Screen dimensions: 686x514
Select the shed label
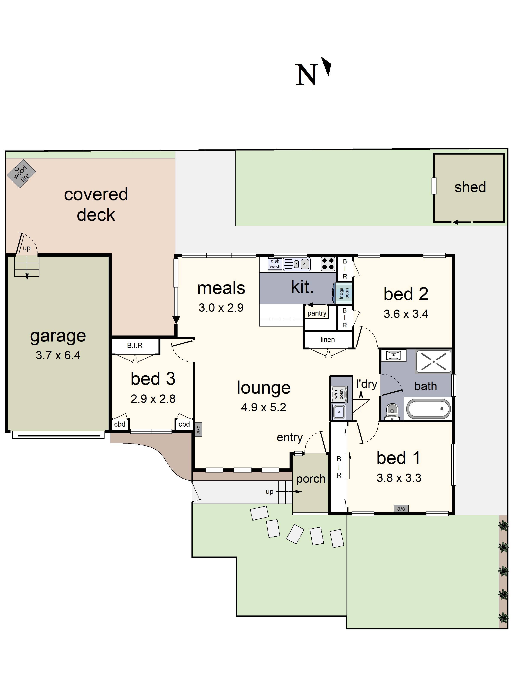coord(470,187)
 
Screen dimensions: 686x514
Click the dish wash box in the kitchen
coord(275,264)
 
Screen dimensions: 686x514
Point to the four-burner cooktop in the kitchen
coord(327,264)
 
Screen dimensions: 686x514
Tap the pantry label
coord(317,313)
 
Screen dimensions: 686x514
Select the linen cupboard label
coord(327,340)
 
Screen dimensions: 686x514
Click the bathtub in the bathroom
coord(428,409)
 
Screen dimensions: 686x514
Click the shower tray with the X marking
coord(433,361)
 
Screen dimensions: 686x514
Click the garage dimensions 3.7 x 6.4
coord(58,355)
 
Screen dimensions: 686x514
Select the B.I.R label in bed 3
coord(135,346)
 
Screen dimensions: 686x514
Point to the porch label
coord(311,478)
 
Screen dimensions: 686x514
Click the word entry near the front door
coord(289,437)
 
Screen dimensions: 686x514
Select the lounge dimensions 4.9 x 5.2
coord(263,407)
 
